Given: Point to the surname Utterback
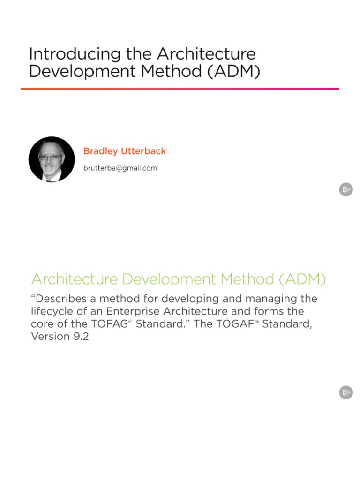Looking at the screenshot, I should [x=144, y=151].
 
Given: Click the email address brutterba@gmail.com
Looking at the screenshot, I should [x=120, y=168].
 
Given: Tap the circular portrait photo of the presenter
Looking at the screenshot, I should [x=52, y=159].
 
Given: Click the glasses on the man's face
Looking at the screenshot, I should [x=50, y=157].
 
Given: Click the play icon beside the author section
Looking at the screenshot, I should [x=346, y=189].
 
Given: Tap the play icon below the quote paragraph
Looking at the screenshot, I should [x=346, y=392].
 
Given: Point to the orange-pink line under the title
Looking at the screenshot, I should [x=180, y=89].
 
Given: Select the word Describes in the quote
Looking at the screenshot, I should [x=60, y=299].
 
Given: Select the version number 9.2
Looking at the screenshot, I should [x=80, y=337].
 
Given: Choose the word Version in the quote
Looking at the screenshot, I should [x=50, y=337].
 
